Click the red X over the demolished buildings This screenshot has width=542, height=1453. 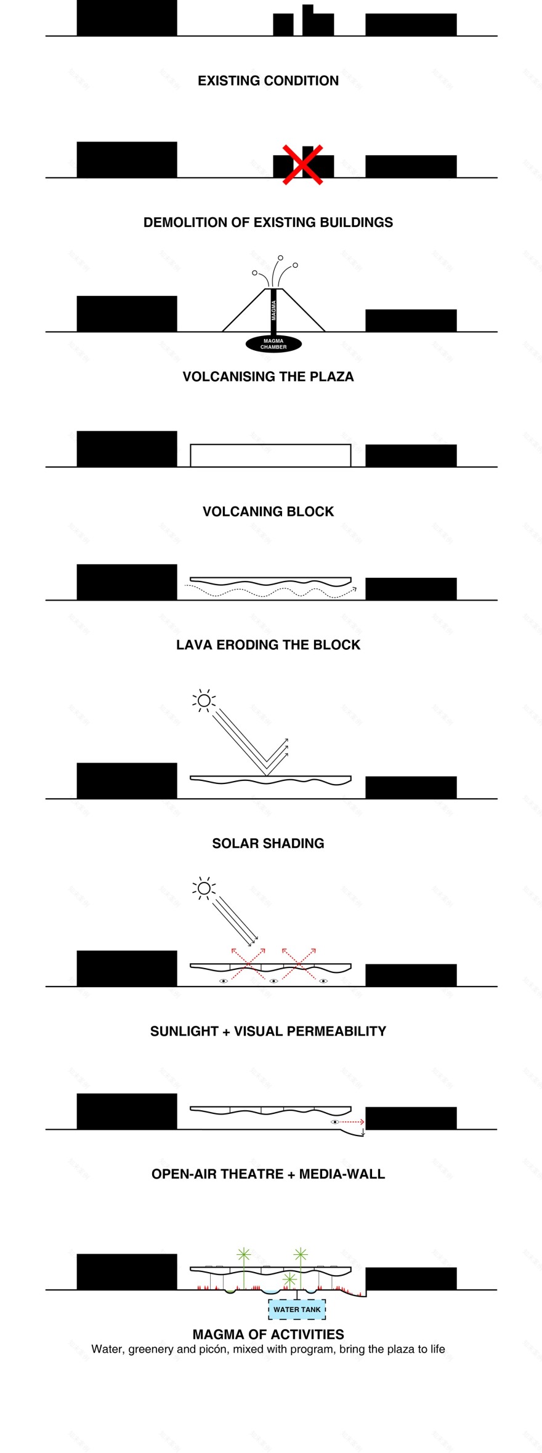click(x=302, y=164)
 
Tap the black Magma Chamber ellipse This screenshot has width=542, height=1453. click(x=273, y=343)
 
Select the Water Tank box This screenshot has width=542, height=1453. click(x=297, y=1309)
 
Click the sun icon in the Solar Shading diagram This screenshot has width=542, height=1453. click(x=204, y=700)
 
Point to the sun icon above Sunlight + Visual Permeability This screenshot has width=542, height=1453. click(x=204, y=888)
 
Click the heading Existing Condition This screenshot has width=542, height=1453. click(x=268, y=81)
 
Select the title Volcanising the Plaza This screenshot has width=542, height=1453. click(x=268, y=377)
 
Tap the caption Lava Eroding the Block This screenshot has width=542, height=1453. click(x=268, y=644)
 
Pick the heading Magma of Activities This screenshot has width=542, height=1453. click(x=268, y=1334)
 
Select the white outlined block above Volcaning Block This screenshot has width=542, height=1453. click(x=270, y=455)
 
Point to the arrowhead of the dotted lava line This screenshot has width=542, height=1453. click(x=354, y=590)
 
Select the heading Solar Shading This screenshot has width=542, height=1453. click(x=268, y=843)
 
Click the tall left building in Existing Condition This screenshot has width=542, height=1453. click(x=127, y=18)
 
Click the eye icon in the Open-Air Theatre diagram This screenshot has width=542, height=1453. click(x=335, y=1122)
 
